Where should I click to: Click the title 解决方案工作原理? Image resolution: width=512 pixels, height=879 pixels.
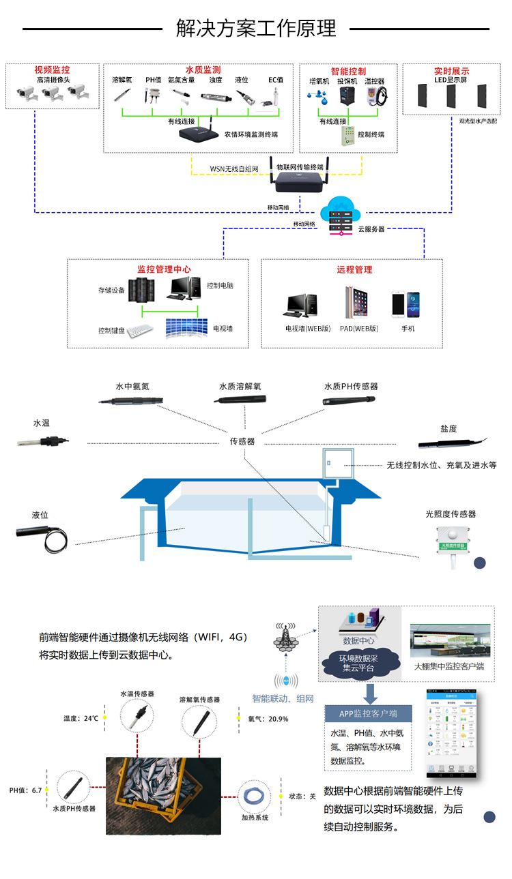pos(256,29)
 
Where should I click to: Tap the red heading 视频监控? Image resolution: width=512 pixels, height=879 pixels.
pos(52,70)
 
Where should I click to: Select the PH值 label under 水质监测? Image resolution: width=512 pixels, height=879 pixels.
pos(153,80)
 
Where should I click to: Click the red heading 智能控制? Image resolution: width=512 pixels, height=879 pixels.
pos(347,71)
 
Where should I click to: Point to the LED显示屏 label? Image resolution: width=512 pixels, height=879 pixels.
pos(451,80)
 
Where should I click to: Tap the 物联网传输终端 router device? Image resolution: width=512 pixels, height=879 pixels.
pos(300,182)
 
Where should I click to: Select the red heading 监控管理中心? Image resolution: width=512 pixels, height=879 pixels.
pos(164,269)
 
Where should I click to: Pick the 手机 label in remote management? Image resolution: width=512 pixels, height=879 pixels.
pos(408,329)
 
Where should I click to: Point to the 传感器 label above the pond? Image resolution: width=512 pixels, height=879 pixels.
pos(242,441)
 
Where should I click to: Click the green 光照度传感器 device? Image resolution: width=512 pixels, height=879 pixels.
pos(452,539)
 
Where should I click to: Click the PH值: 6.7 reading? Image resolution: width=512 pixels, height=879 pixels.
pos(25,790)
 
